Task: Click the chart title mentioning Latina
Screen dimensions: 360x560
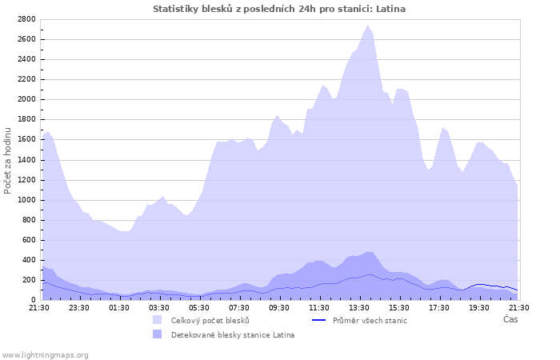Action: [x=279, y=9]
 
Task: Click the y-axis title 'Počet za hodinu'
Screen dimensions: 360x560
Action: [x=8, y=159]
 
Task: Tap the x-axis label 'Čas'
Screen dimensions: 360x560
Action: [x=510, y=319]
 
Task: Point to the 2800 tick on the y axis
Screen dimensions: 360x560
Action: [x=26, y=19]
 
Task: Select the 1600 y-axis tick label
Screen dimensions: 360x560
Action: [x=26, y=139]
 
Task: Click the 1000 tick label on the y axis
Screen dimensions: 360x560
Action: [x=26, y=199]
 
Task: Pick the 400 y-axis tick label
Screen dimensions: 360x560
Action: [x=29, y=260]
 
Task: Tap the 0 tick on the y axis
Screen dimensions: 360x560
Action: [x=34, y=300]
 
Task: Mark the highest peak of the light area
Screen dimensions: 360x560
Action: [x=368, y=26]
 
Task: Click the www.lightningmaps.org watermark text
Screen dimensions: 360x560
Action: [x=46, y=354]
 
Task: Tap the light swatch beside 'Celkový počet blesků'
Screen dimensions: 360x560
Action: [x=157, y=321]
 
